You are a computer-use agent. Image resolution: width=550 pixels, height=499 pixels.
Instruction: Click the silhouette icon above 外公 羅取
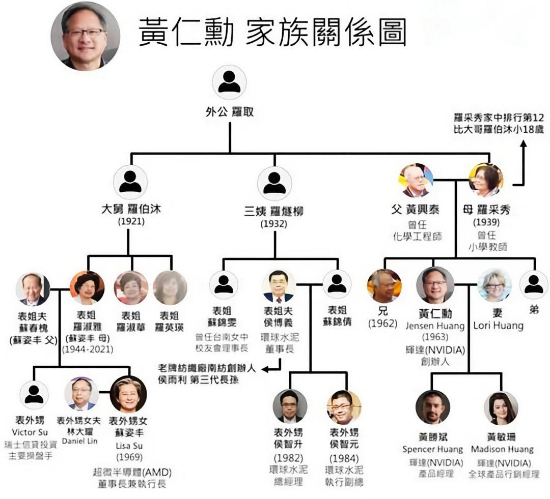coord(229,82)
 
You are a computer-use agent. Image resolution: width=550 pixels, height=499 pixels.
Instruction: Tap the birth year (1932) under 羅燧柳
coord(274,223)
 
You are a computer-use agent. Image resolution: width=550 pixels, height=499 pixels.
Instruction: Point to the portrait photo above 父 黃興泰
coord(416,181)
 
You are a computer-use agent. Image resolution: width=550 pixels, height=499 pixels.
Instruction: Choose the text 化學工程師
coord(417,236)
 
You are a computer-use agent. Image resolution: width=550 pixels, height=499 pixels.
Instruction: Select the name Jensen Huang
coord(435,326)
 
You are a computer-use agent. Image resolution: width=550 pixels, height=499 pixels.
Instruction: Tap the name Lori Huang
coord(498,326)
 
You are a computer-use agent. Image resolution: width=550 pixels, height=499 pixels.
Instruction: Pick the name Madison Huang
coord(502,449)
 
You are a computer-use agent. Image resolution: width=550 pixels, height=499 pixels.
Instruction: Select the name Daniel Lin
coord(79,441)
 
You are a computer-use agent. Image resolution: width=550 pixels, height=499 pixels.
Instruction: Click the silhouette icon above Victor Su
coord(34,395)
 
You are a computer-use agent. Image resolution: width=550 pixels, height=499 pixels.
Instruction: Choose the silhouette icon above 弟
coord(534,285)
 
